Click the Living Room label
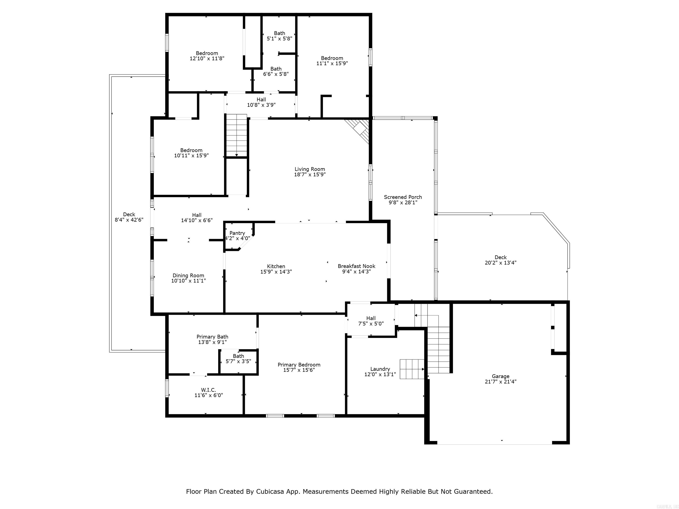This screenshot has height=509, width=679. point(309,169)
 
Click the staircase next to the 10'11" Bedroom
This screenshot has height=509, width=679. point(237,135)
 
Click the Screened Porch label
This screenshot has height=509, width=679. point(403,197)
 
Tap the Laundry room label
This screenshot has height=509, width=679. point(380,369)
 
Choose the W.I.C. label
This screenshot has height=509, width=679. point(208,390)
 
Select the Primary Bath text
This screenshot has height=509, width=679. point(212,337)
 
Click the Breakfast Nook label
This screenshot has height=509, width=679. point(356,266)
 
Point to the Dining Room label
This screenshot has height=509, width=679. point(188,275)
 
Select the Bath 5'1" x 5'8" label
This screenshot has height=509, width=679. point(279,33)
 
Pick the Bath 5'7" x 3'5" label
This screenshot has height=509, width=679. point(238,356)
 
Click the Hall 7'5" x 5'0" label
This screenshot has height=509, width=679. point(371,318)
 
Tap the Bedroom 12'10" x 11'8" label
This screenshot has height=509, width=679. point(207,53)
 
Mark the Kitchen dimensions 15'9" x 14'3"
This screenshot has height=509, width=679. point(276,272)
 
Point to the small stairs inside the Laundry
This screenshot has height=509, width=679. point(411,369)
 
